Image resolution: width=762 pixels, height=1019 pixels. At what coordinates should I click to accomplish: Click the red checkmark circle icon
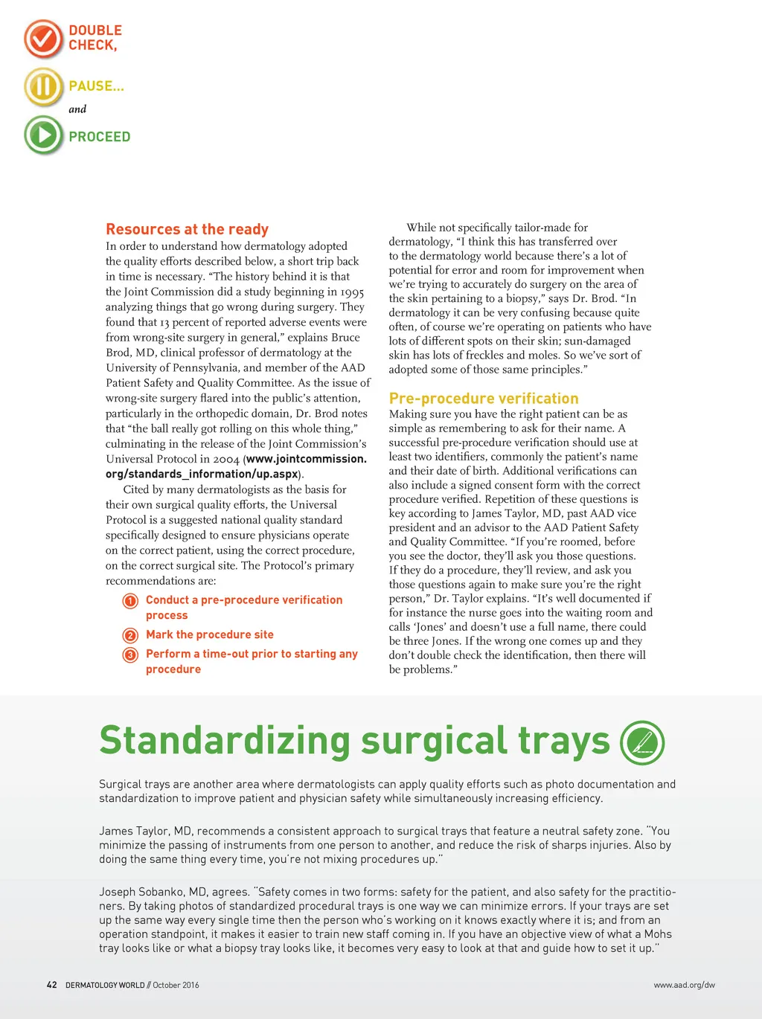43,39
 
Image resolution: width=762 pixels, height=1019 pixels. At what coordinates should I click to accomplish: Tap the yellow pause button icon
43,86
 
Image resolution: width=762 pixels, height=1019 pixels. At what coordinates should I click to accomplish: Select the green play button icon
43,135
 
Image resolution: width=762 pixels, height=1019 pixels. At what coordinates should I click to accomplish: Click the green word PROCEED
100,137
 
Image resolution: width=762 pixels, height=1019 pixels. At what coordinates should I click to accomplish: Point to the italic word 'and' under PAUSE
77,109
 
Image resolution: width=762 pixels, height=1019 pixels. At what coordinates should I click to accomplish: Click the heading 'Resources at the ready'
187,229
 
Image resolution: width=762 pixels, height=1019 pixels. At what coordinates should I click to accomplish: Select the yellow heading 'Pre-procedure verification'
484,399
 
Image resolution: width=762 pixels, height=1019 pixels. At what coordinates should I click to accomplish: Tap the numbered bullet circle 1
130,601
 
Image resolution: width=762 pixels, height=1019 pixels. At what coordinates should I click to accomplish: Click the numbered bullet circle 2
130,635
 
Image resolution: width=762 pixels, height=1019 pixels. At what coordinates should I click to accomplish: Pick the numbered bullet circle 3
130,655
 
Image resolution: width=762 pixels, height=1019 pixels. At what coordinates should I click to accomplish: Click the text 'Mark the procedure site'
210,634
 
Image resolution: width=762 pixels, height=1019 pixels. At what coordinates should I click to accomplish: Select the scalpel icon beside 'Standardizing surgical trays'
642,743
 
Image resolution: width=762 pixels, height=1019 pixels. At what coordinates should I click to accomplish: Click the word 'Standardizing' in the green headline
225,741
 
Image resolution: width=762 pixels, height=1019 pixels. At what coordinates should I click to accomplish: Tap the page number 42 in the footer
52,985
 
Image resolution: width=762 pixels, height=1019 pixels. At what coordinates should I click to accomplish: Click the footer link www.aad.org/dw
684,985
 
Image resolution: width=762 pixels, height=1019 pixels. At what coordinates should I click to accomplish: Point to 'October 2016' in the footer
176,985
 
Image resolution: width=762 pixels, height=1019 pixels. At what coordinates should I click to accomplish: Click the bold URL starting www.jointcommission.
307,459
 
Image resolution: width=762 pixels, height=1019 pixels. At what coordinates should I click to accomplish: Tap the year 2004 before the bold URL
226,459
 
